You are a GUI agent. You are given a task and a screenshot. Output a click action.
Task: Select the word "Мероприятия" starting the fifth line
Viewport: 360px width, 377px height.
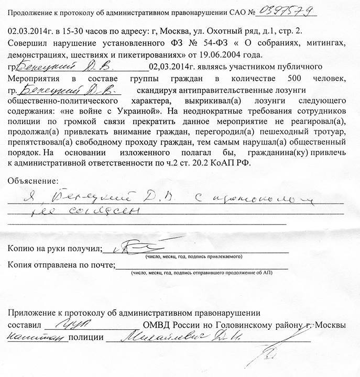point(35,79)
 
